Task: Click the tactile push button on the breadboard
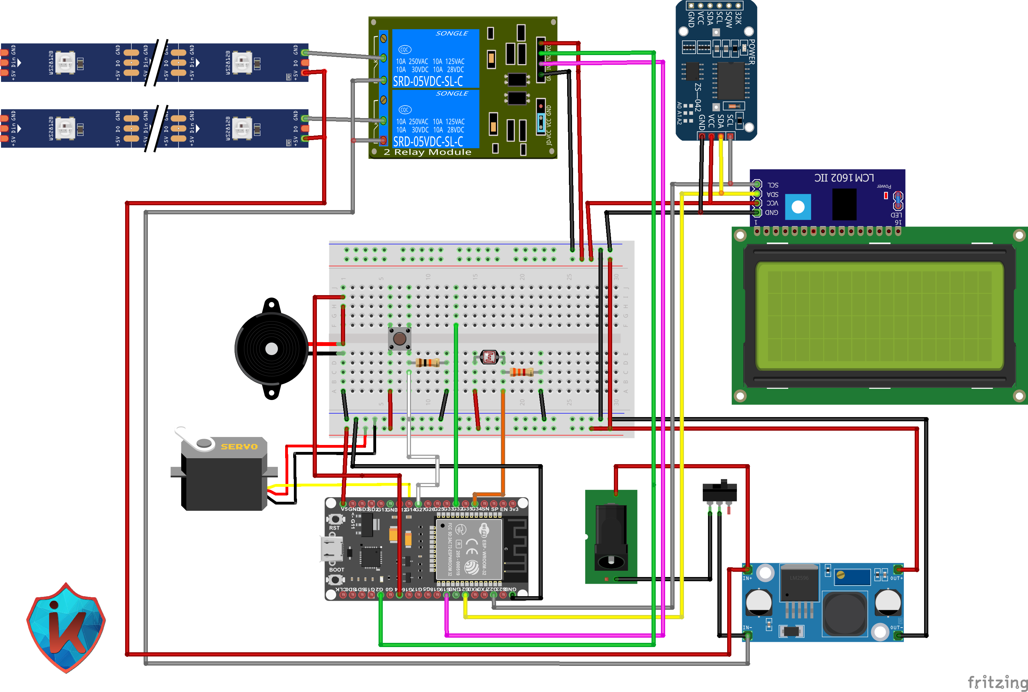click(399, 338)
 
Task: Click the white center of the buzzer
click(272, 349)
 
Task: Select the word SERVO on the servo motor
click(239, 447)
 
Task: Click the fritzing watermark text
click(997, 682)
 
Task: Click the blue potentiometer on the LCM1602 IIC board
click(798, 207)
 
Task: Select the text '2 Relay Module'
click(427, 152)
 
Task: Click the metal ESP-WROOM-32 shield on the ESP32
click(469, 549)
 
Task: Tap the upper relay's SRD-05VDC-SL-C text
click(428, 82)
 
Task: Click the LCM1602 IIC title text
click(844, 178)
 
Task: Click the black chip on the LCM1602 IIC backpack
click(844, 204)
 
